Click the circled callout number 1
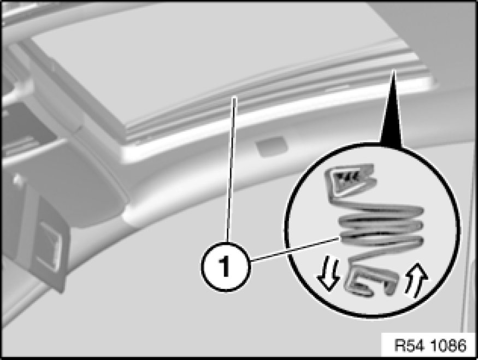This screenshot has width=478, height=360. point(225,266)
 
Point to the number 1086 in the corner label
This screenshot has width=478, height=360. point(449,346)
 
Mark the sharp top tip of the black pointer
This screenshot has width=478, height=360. point(393,70)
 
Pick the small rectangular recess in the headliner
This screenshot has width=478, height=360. point(272,146)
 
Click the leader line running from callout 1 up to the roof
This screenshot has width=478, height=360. point(231,169)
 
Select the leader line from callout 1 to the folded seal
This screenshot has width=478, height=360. point(295,249)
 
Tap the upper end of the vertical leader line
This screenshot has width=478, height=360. point(235,97)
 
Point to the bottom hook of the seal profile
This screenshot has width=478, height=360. point(371,280)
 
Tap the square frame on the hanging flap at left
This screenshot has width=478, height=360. point(48,246)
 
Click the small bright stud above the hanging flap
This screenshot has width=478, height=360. point(17,180)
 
